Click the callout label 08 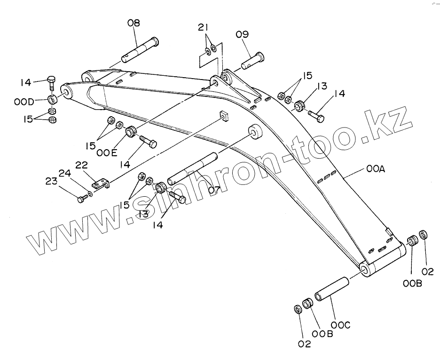(x=134, y=23)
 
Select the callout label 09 (x=243, y=34)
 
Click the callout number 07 (x=214, y=190)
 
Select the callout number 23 (x=51, y=181)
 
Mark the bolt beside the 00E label (x=148, y=141)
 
